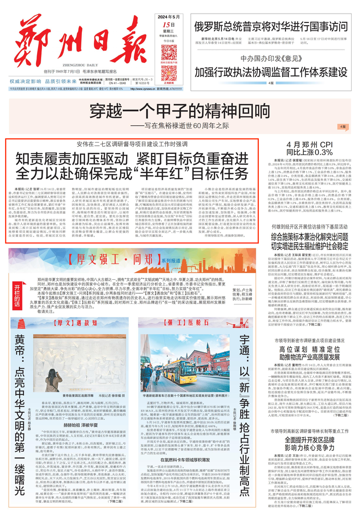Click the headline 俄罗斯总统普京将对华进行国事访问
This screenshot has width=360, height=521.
(x=270, y=26)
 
